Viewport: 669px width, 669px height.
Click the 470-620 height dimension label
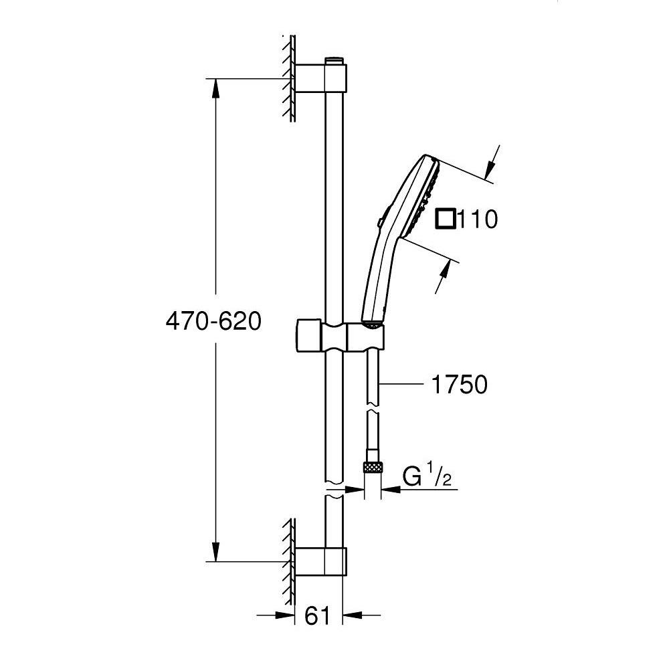coord(213,322)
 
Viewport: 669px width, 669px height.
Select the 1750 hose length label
coord(460,385)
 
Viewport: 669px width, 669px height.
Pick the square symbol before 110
coord(446,219)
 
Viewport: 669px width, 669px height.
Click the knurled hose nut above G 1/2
coord(372,467)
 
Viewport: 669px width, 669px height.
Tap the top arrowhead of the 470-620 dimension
coord(216,87)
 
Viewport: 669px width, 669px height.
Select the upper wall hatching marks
coord(290,78)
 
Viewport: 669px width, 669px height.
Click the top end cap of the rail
coord(334,62)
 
